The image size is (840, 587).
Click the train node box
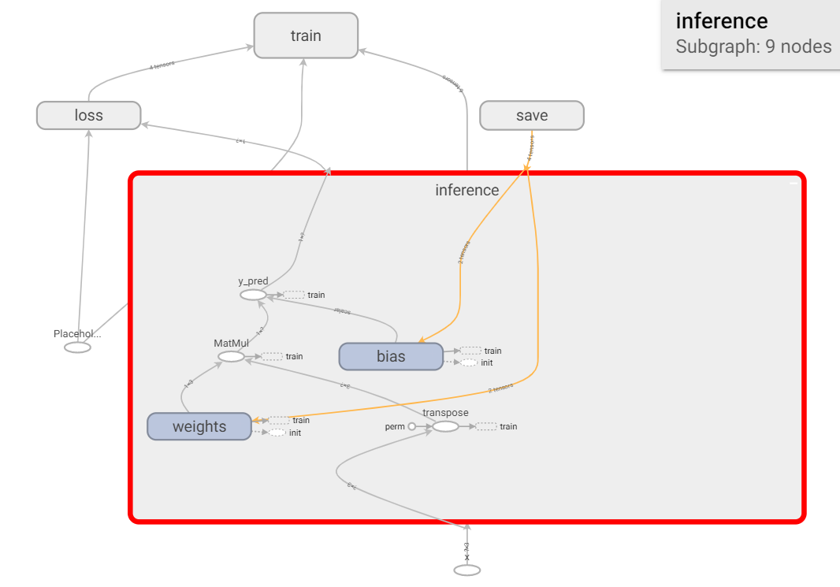click(x=306, y=35)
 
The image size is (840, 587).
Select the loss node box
click(x=89, y=115)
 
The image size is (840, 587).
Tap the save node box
click(x=532, y=115)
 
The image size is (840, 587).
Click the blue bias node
click(x=391, y=356)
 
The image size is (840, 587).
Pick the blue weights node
click(x=199, y=426)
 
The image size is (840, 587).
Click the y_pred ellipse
click(x=253, y=295)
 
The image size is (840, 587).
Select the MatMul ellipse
click(x=231, y=356)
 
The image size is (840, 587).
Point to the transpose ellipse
click(x=445, y=426)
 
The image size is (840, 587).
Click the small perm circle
click(x=411, y=426)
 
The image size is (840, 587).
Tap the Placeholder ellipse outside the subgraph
click(x=77, y=347)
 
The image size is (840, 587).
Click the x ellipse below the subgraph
click(x=466, y=570)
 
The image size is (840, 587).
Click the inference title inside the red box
click(x=466, y=190)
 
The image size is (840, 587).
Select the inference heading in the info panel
click(x=721, y=21)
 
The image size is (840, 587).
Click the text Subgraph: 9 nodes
click(x=753, y=46)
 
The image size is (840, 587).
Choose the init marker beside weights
click(x=278, y=433)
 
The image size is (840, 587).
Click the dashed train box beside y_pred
click(x=294, y=295)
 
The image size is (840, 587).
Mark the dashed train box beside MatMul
click(x=272, y=356)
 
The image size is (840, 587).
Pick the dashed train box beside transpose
click(x=486, y=426)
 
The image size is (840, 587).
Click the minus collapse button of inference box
click(x=794, y=183)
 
